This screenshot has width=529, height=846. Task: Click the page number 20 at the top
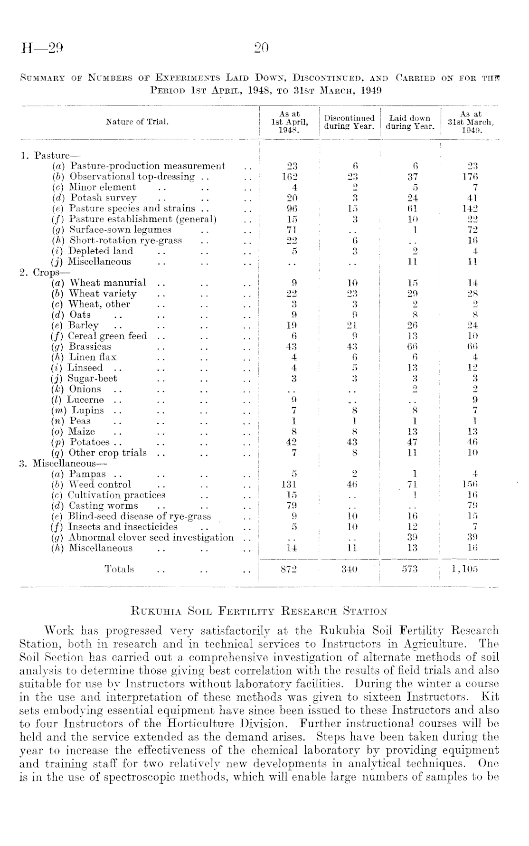pos(262,48)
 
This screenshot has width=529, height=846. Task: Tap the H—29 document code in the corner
pos(42,48)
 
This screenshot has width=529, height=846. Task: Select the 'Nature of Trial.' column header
pos(138,122)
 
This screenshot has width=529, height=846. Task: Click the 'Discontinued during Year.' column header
pos(350,122)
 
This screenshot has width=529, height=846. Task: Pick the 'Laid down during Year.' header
pos(410,122)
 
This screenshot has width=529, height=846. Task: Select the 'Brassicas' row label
pos(90,347)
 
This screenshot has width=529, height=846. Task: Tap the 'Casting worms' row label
pos(103,506)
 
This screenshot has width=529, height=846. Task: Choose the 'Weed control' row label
pos(100,485)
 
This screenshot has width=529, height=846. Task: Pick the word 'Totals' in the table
pos(119,569)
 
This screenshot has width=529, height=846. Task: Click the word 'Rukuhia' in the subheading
pos(152,611)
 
